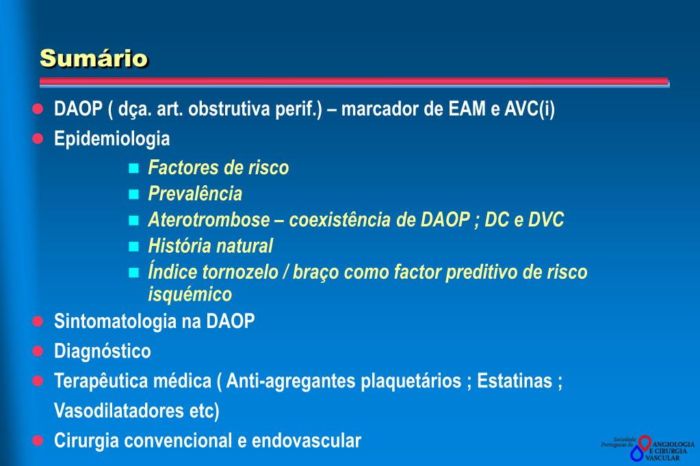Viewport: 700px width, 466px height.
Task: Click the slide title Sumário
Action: point(94,58)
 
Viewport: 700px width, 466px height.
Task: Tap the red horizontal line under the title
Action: point(353,81)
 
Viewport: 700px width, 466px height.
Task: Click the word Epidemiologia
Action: point(112,139)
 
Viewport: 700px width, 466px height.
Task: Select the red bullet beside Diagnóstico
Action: point(38,351)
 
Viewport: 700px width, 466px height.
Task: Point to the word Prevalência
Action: point(195,194)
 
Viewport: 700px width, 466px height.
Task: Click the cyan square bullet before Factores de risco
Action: point(133,167)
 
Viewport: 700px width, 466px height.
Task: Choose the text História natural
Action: point(211,246)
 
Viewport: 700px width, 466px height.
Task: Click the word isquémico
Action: point(190,294)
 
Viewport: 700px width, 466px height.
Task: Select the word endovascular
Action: point(306,441)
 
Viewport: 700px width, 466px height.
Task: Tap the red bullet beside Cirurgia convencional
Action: point(38,440)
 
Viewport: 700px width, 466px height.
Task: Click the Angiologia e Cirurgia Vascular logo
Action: point(647,448)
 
